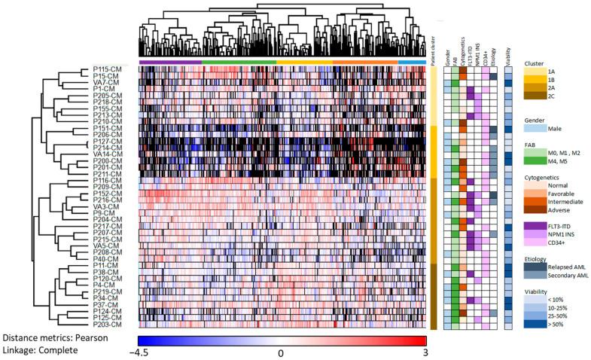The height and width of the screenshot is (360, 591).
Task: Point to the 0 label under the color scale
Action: point(280,352)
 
